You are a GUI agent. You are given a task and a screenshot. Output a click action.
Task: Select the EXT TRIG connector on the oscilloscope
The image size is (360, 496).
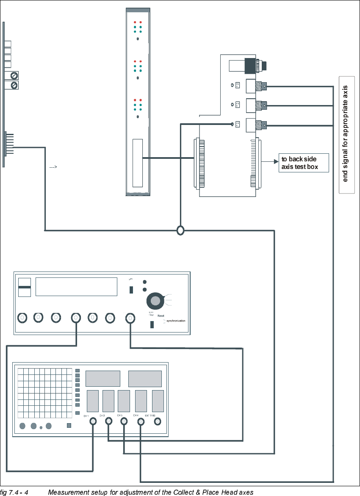158,421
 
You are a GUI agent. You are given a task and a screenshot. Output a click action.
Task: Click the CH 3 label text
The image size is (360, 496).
120,416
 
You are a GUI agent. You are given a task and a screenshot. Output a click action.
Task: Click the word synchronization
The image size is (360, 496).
176,321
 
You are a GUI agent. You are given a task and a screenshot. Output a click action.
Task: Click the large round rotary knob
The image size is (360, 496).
155,300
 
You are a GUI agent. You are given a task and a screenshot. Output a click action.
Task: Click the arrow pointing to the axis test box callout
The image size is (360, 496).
270,161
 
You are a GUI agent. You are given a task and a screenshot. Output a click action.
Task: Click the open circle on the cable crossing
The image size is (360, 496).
180,231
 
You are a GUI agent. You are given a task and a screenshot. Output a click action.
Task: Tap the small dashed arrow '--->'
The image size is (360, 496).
53,167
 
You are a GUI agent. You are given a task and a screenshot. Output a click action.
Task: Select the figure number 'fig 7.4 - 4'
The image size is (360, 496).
14,492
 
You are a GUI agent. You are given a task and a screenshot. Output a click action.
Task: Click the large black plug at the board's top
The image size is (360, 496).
256,66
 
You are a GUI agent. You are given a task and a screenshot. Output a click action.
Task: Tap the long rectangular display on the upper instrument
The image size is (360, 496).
76,287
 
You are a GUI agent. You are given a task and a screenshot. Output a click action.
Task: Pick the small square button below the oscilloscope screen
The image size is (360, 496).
69,425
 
